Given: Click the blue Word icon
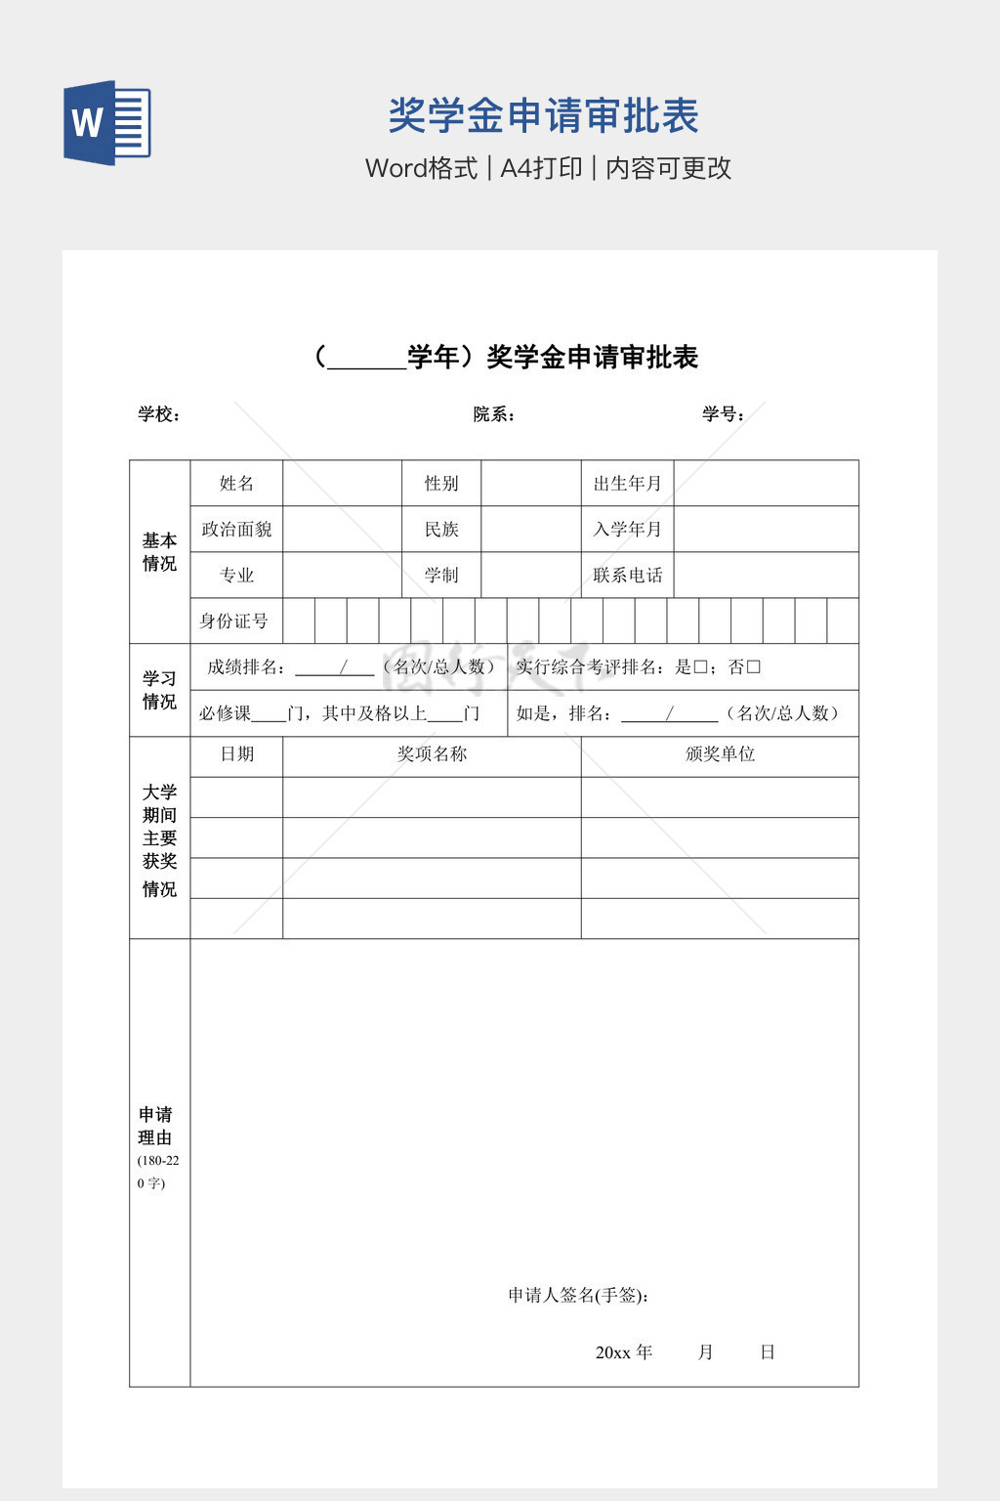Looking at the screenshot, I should (107, 123).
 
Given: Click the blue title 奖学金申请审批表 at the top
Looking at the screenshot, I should (543, 115).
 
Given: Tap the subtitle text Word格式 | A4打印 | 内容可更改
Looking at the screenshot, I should (548, 168).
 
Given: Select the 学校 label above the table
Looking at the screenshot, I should (159, 414).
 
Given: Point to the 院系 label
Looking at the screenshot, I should (493, 414).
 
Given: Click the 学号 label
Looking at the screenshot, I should (723, 414).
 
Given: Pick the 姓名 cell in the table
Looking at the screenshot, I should (236, 483).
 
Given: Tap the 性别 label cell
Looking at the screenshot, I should (441, 483).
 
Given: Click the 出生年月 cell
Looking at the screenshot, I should (627, 483).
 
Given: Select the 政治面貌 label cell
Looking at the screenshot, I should (236, 529).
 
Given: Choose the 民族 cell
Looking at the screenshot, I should (441, 529).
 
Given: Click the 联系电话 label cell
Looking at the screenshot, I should (627, 575).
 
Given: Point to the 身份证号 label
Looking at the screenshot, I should (234, 621).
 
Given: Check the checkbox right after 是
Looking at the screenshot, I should (700, 667).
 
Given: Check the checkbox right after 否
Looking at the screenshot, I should (753, 667).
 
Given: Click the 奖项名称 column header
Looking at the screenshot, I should (432, 754).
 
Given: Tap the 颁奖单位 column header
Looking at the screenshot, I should (720, 754).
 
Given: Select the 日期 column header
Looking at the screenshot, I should (236, 754).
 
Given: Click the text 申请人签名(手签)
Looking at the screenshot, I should (578, 1295).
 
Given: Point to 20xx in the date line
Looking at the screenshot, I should (612, 1352).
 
